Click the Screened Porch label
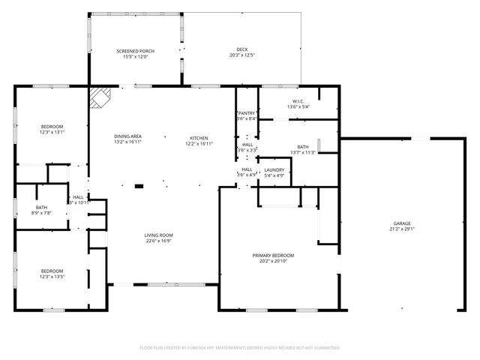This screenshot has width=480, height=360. click(x=134, y=51)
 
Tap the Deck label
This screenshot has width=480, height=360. click(x=241, y=51)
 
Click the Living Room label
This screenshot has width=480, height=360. click(x=159, y=235)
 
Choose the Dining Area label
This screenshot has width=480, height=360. click(x=128, y=136)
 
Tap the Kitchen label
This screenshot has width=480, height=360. click(x=198, y=138)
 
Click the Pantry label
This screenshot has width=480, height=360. click(x=247, y=113)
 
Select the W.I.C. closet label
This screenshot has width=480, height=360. click(x=298, y=101)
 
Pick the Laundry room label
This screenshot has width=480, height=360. click(x=274, y=170)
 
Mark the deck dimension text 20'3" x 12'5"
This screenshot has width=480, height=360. click(x=241, y=56)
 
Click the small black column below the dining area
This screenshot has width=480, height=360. click(x=139, y=186)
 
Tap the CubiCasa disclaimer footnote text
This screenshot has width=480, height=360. click(x=240, y=347)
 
